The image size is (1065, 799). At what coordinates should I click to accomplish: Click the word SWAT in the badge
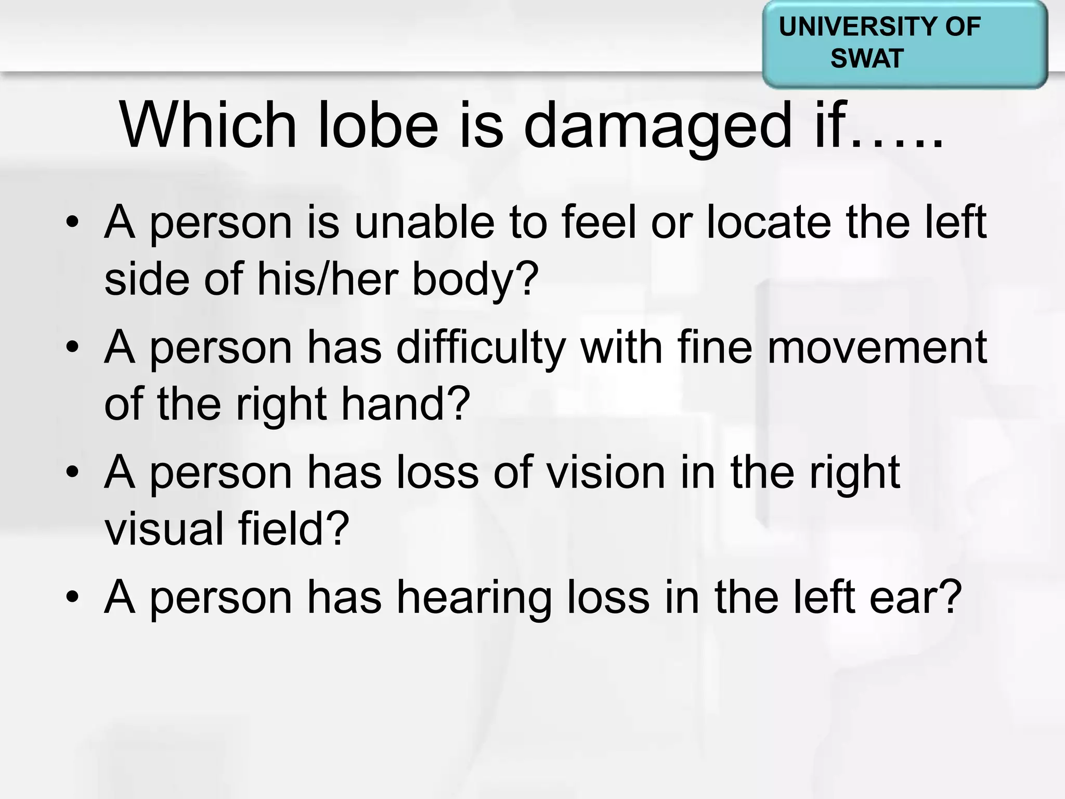(866, 58)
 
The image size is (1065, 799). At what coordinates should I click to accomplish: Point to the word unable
(424, 223)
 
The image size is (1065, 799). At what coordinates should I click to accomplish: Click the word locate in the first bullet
(769, 223)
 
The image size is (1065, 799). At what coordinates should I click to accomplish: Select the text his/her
(327, 279)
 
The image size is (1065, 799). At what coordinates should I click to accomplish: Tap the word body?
(475, 279)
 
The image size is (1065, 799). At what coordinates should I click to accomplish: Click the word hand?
(405, 404)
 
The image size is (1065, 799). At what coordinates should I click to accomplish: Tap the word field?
(293, 529)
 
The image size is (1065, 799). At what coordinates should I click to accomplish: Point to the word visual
(164, 529)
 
